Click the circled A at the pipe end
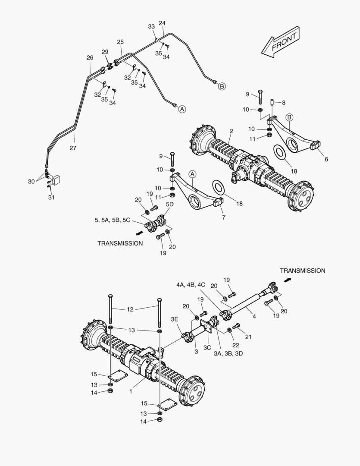coord(182,109)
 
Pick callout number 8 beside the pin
coord(283,103)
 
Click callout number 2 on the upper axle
coord(231,131)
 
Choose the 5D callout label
coord(170,204)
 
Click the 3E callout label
coord(174,319)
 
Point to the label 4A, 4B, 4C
coord(191,285)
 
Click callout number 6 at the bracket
coord(326,159)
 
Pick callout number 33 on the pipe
coord(151,26)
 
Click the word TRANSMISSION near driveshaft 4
coord(302,271)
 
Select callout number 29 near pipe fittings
coord(105,52)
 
